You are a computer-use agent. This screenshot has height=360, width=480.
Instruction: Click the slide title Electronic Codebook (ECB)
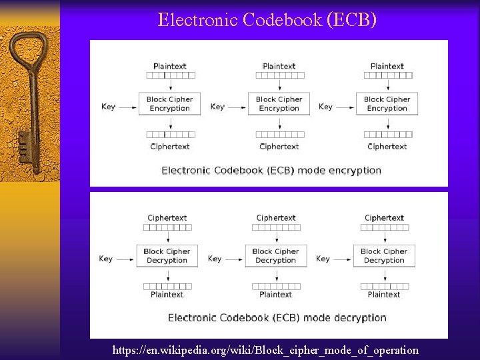point(267,20)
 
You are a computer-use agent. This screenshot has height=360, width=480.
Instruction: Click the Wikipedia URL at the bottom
point(265,350)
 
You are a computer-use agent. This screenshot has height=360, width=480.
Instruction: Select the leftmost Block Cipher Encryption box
point(169,104)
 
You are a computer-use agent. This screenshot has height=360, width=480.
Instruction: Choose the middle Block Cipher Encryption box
point(279,104)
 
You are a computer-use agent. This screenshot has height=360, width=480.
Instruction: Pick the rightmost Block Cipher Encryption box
point(387,104)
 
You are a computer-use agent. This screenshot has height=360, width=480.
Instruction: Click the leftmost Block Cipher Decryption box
point(167,256)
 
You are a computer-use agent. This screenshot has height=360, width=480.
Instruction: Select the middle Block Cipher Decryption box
point(275,256)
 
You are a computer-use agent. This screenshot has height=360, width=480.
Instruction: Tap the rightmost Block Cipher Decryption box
point(384,256)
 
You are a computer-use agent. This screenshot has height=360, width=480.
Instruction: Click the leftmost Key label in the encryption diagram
point(108,107)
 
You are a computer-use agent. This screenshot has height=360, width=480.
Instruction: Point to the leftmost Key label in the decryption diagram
point(105,259)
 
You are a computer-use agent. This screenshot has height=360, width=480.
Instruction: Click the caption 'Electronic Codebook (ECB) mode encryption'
point(271,170)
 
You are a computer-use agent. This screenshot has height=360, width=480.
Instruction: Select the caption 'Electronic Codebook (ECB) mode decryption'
point(277,318)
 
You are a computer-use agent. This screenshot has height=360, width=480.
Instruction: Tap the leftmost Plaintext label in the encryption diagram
point(169,66)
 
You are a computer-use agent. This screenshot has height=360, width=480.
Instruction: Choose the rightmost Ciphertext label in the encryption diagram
point(387,146)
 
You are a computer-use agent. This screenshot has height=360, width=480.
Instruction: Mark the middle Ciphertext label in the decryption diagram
point(276,218)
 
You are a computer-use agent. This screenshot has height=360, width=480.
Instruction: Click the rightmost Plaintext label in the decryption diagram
point(384,295)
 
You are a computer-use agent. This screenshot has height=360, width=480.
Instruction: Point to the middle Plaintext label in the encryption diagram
point(279,66)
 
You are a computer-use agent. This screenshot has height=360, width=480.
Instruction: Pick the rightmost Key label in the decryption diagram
point(323,259)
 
